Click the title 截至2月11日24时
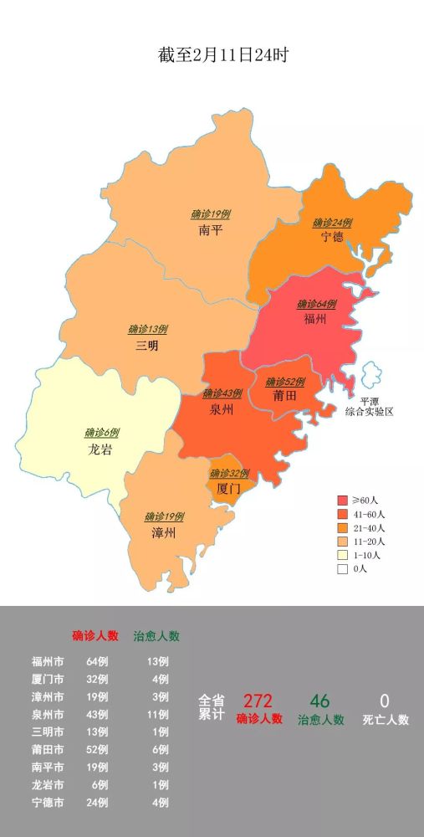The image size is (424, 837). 212,55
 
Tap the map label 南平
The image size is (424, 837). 211,230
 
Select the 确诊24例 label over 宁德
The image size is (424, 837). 332,223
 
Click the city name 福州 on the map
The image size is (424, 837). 315,319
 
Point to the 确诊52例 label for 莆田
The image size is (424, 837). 285,382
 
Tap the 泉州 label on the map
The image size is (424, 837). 222,409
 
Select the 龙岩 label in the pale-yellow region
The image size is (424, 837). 100,449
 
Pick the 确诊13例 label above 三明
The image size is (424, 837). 148,329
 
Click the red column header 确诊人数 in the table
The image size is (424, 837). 95,635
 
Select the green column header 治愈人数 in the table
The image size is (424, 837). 156,635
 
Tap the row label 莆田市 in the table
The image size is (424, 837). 48,749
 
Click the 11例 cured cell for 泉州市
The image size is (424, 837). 156,714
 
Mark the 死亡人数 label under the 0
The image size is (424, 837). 386,719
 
